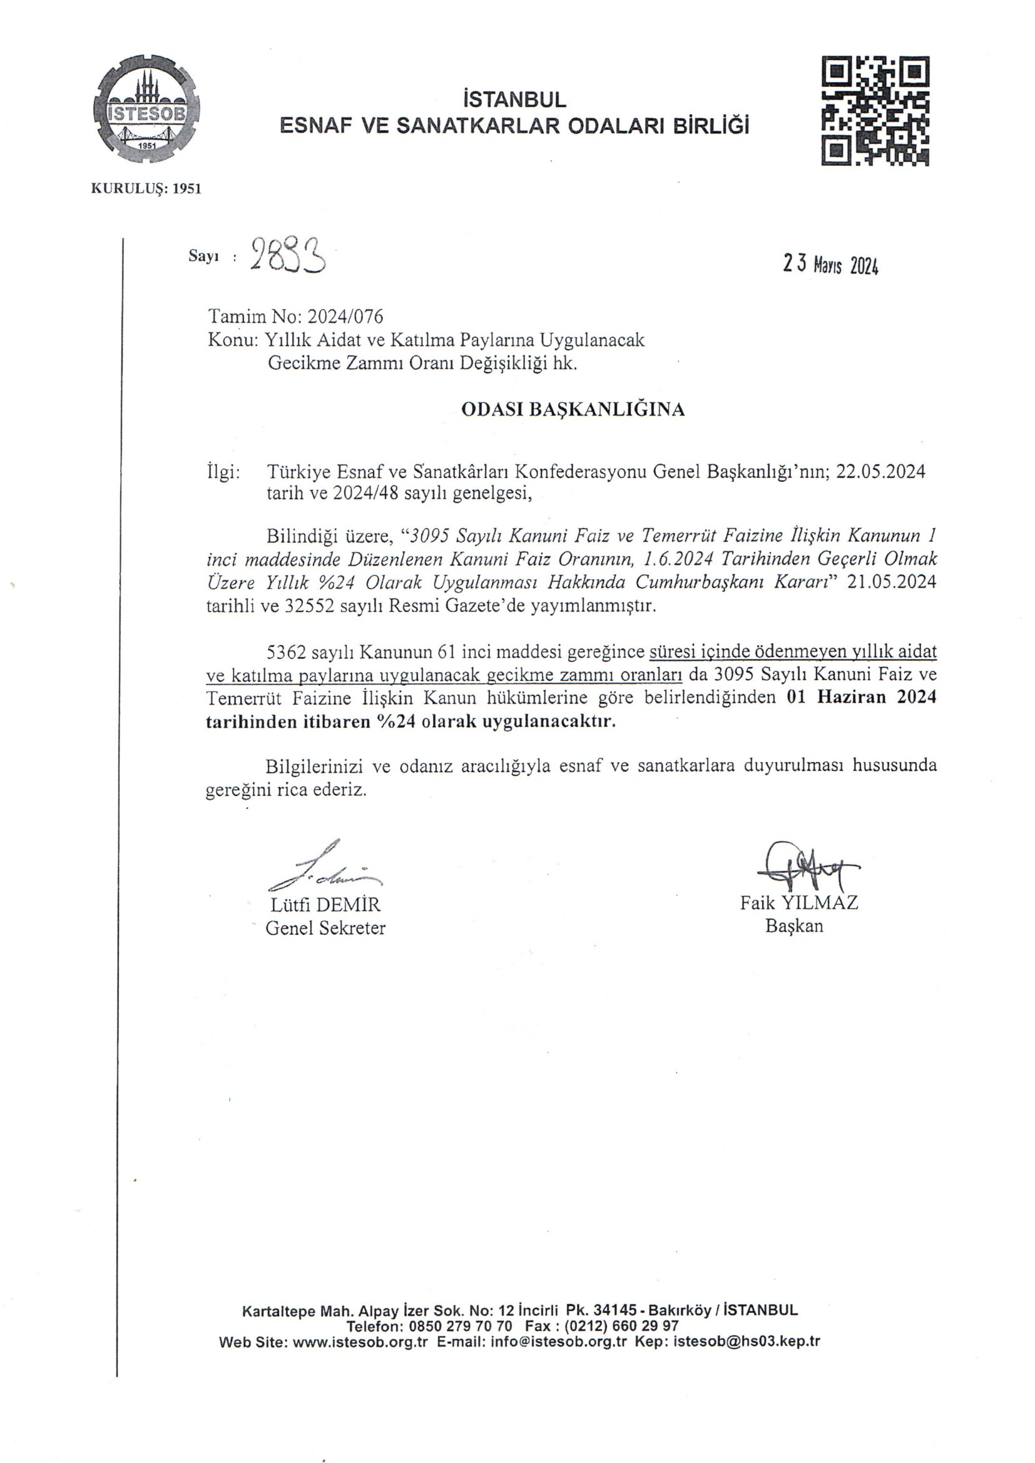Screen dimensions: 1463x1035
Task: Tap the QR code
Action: [874, 110]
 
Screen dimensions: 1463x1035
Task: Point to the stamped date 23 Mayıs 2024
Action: [830, 265]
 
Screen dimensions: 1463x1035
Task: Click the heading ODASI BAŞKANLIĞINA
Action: [573, 409]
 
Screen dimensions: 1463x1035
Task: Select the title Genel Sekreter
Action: [325, 928]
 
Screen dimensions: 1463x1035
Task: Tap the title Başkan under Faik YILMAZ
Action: [794, 926]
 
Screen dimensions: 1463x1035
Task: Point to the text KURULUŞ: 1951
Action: [146, 188]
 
